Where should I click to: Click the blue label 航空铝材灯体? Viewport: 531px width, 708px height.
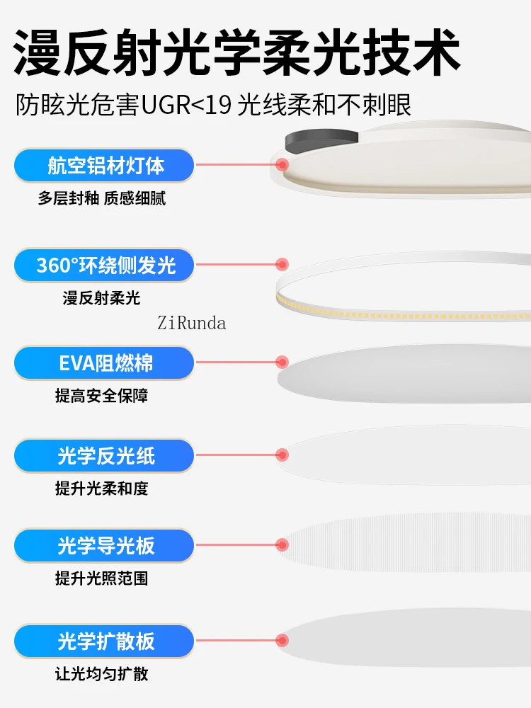(x=104, y=165)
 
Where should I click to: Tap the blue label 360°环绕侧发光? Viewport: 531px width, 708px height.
(x=104, y=265)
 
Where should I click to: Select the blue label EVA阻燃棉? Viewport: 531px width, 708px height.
(x=104, y=362)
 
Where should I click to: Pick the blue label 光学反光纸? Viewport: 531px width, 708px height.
(x=104, y=455)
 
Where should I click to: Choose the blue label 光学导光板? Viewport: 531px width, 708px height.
(x=104, y=545)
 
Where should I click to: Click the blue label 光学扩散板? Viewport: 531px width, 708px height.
(x=104, y=641)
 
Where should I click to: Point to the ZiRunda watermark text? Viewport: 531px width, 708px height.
(x=191, y=324)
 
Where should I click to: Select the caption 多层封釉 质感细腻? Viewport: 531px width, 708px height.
(x=101, y=198)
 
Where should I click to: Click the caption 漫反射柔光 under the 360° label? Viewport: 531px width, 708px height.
(x=101, y=298)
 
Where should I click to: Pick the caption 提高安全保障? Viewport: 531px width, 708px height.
(x=101, y=396)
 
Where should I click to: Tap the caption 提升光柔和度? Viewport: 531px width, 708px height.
(x=101, y=488)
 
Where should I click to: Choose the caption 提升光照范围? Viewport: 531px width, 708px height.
(x=101, y=578)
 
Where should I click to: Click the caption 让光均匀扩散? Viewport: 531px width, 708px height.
(x=101, y=674)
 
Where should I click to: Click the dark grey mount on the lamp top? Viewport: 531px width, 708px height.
(x=321, y=141)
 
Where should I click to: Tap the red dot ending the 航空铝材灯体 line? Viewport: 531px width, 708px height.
(x=282, y=164)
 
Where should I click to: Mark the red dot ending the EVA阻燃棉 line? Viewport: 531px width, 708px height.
(x=282, y=362)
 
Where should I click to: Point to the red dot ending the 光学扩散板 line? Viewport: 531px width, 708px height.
(x=282, y=640)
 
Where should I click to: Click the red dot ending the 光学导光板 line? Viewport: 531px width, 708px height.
(x=282, y=545)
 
